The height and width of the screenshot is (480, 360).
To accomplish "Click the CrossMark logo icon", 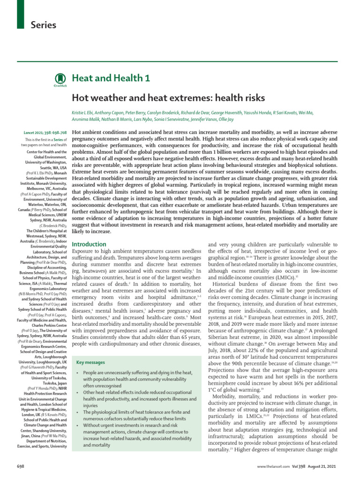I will (x=60, y=79).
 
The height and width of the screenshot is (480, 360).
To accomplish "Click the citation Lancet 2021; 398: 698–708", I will (x=45, y=133).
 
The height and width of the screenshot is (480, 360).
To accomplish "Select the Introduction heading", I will (x=89, y=244).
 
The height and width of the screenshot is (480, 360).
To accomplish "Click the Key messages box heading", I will (x=90, y=375).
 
